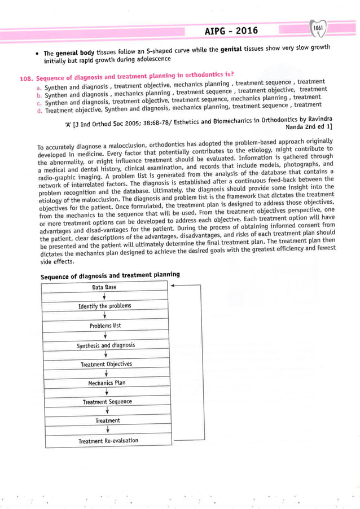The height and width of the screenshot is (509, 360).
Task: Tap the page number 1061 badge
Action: [319, 28]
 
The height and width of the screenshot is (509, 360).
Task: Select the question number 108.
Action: [27, 78]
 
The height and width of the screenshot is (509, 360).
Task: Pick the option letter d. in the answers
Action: [39, 111]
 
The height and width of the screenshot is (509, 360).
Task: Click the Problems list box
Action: [105, 326]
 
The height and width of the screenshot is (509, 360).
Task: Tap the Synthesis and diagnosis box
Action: [105, 345]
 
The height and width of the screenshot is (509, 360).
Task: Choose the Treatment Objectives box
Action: [106, 364]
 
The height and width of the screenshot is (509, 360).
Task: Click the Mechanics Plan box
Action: [106, 383]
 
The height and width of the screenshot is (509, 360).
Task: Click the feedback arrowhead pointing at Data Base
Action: [173, 286]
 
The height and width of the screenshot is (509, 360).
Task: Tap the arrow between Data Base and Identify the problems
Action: [104, 296]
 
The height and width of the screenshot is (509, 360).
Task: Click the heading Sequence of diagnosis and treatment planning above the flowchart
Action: [110, 275]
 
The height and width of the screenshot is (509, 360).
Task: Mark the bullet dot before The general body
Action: [37, 54]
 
